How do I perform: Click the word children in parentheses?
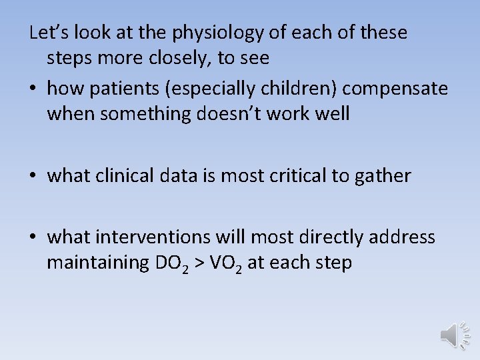pos(300,88)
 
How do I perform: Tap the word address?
pos(407,237)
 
